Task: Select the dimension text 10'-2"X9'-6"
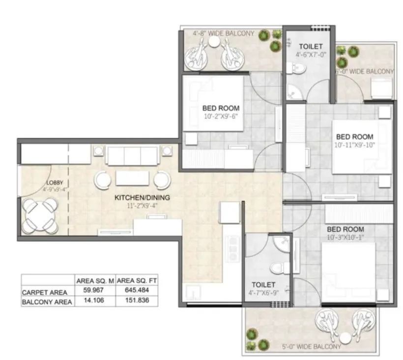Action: tap(221, 116)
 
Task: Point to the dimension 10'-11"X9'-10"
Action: tap(354, 145)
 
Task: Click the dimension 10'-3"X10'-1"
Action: tap(345, 238)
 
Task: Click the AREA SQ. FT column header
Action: tap(135, 281)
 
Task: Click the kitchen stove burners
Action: tap(232, 248)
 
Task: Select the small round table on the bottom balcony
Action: tap(346, 337)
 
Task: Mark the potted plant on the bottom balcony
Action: tap(251, 334)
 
